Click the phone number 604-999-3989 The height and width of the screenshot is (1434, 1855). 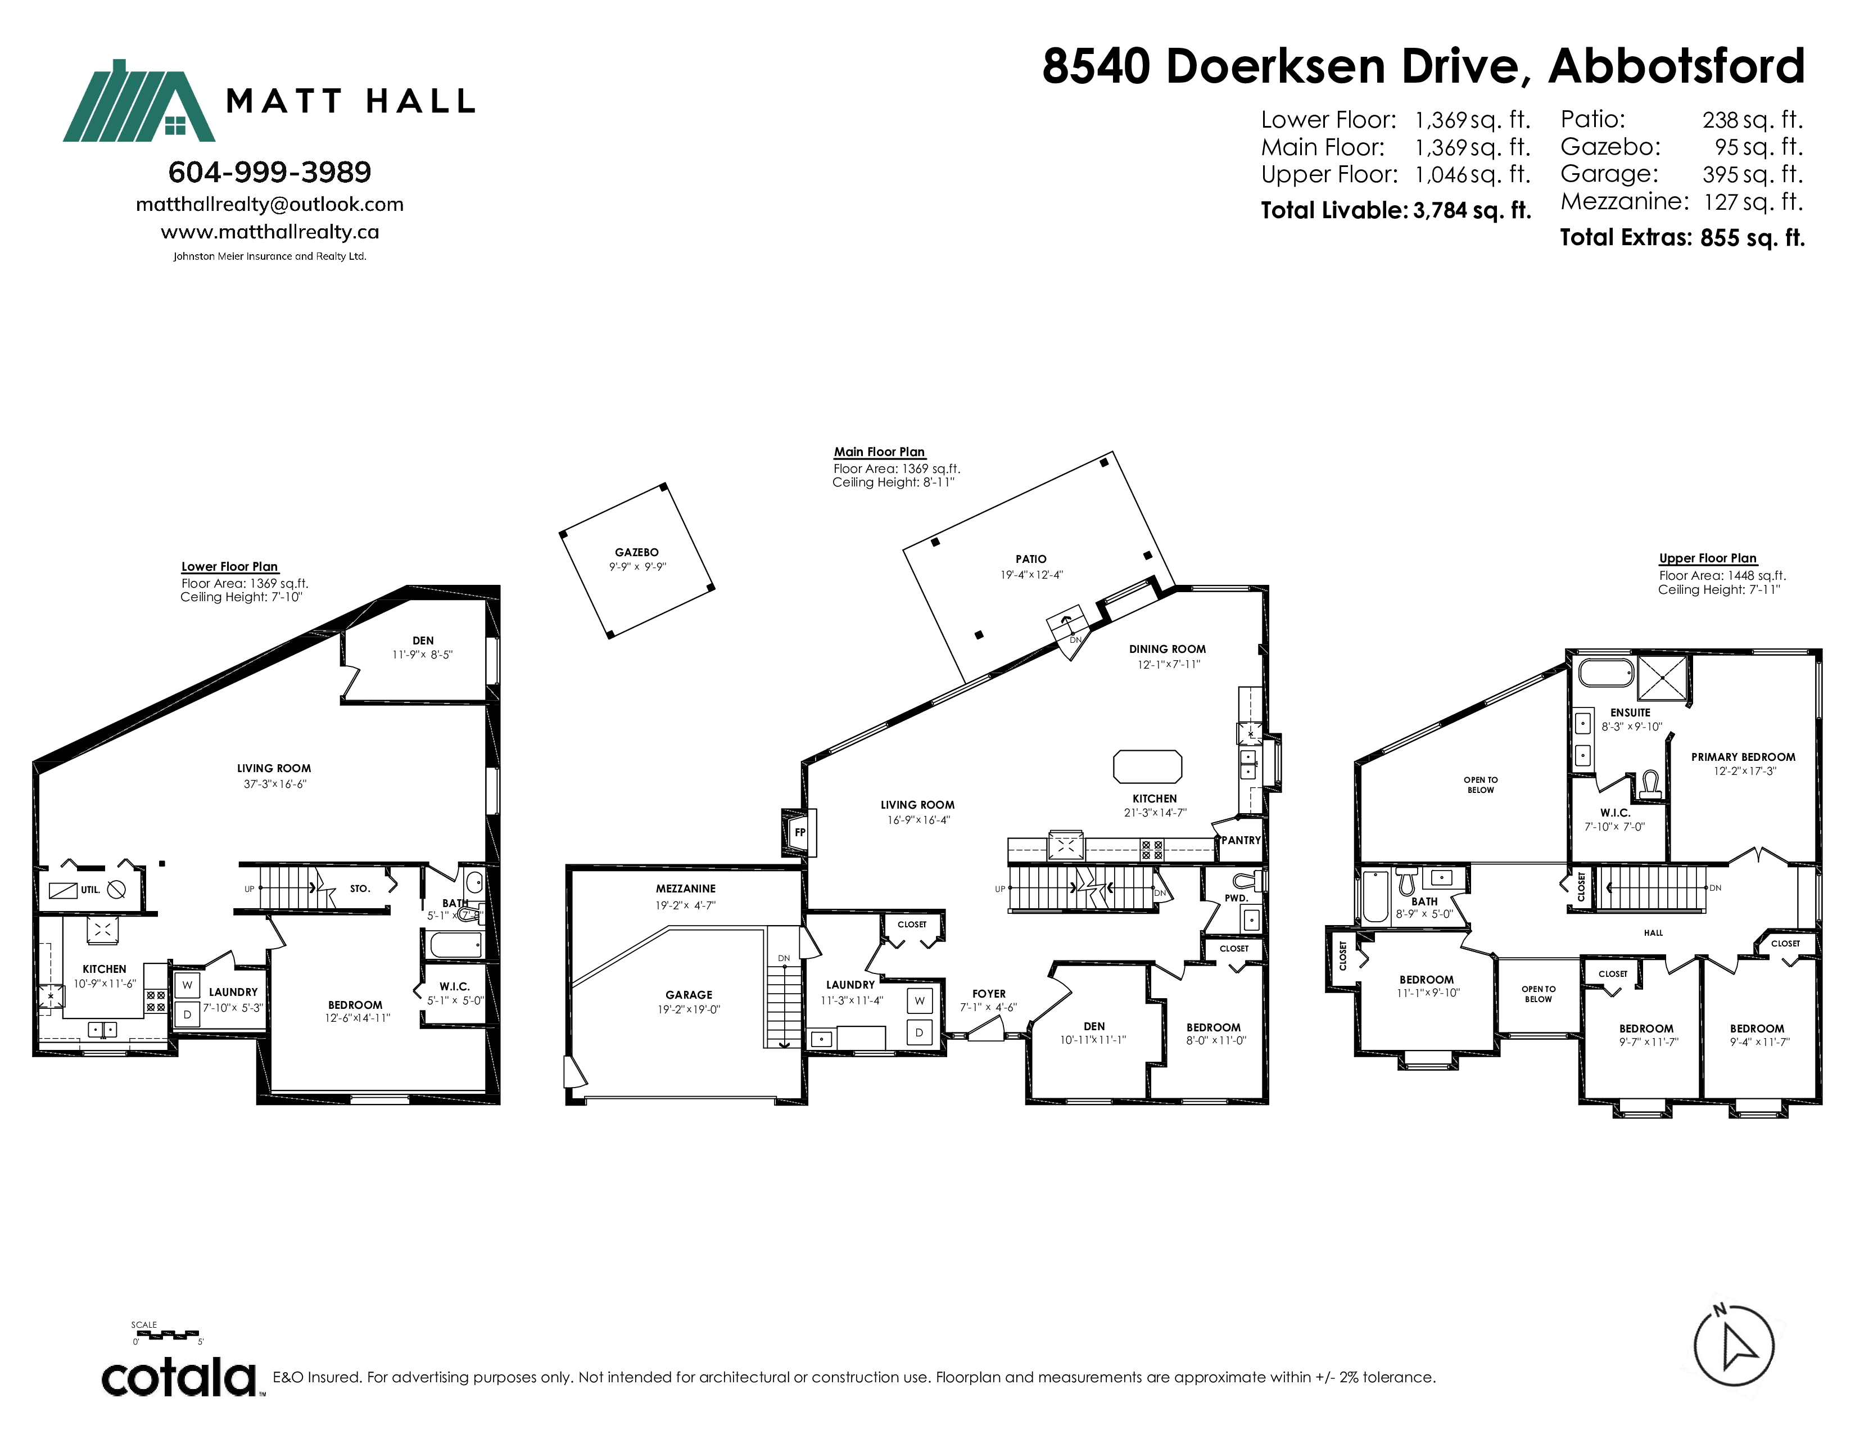click(270, 173)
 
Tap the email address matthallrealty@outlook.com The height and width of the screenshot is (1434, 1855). click(270, 205)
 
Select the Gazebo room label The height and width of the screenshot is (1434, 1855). click(637, 552)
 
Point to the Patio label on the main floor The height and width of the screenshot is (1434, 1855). click(1031, 559)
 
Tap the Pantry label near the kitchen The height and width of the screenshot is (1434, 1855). click(1241, 840)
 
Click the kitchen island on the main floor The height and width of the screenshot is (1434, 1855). click(1147, 766)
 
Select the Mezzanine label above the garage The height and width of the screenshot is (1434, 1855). click(685, 889)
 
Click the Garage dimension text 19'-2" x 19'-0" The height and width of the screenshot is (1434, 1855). click(689, 1009)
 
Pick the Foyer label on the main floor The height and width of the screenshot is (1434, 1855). click(989, 994)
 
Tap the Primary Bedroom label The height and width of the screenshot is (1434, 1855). click(1743, 757)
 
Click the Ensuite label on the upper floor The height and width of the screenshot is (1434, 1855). click(1631, 713)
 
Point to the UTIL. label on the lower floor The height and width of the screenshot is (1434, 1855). click(90, 890)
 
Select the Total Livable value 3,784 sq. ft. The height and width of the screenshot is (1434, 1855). click(1472, 211)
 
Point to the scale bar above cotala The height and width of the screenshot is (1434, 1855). click(168, 1334)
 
